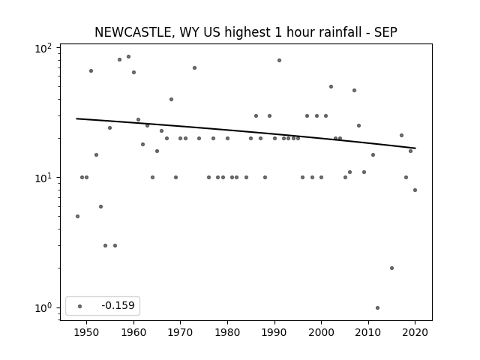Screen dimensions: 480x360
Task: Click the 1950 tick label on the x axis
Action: pos(87,332)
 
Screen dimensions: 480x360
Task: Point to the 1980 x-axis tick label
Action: pos(227,332)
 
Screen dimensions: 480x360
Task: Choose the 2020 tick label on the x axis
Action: pos(415,332)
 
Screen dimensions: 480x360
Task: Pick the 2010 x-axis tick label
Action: pos(368,332)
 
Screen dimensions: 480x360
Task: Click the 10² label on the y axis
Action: pos(43,48)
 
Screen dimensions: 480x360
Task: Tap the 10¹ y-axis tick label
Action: pos(43,178)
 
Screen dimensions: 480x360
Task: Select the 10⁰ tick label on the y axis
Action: pos(43,307)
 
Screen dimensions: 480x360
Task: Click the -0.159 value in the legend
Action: pos(118,305)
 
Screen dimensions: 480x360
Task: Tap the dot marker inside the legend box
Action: pos(80,306)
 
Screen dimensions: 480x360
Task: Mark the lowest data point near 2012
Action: pos(377,307)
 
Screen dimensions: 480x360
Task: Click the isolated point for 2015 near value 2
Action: pos(391,268)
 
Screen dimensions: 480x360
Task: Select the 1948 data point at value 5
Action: pos(77,217)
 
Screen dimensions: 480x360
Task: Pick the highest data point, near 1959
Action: pos(128,57)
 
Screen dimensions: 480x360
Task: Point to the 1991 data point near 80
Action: pos(279,60)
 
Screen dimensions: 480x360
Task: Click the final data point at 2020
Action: pos(415,190)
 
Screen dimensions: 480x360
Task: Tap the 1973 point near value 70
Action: pos(195,68)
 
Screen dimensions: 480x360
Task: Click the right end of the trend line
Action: pos(415,148)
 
